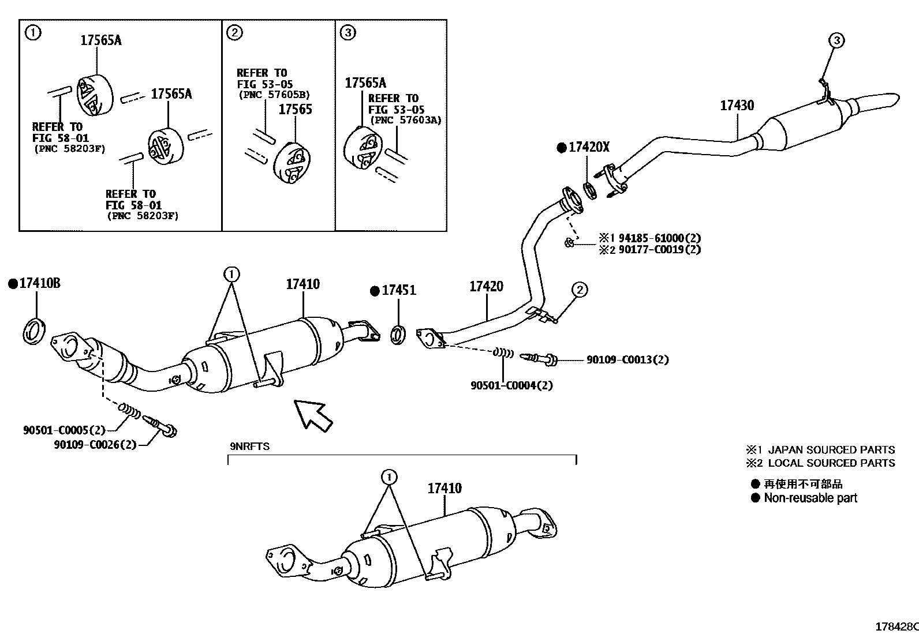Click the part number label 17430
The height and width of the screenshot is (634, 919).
737,106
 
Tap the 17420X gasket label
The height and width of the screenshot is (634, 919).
588,148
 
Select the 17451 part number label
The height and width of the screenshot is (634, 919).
398,290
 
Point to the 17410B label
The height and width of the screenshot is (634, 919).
39,283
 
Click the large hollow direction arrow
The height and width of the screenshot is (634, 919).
312,414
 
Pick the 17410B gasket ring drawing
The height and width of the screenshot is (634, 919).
34,332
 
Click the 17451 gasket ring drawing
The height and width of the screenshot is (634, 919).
398,336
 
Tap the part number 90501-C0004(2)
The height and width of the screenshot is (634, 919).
511,385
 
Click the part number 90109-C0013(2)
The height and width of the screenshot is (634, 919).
627,359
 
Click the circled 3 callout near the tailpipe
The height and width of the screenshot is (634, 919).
836,40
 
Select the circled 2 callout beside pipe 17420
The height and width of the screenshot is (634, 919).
579,290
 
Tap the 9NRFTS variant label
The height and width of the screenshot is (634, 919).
249,446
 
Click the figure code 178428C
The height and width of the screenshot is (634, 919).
896,627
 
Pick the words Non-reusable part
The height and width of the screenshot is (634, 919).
810,498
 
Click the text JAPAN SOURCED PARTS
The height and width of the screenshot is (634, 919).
831,449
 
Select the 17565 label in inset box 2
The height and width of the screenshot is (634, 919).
295,110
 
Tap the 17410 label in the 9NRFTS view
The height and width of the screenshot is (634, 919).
444,489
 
